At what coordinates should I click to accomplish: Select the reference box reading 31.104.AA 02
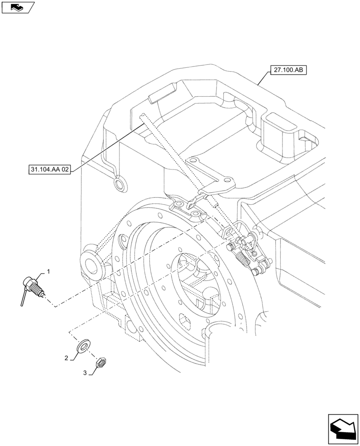[49, 170]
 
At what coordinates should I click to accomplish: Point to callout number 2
[66, 358]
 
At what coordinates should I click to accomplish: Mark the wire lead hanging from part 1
[23, 297]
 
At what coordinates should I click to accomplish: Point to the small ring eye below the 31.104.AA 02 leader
[119, 184]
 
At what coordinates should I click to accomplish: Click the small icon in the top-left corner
[17, 7]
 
